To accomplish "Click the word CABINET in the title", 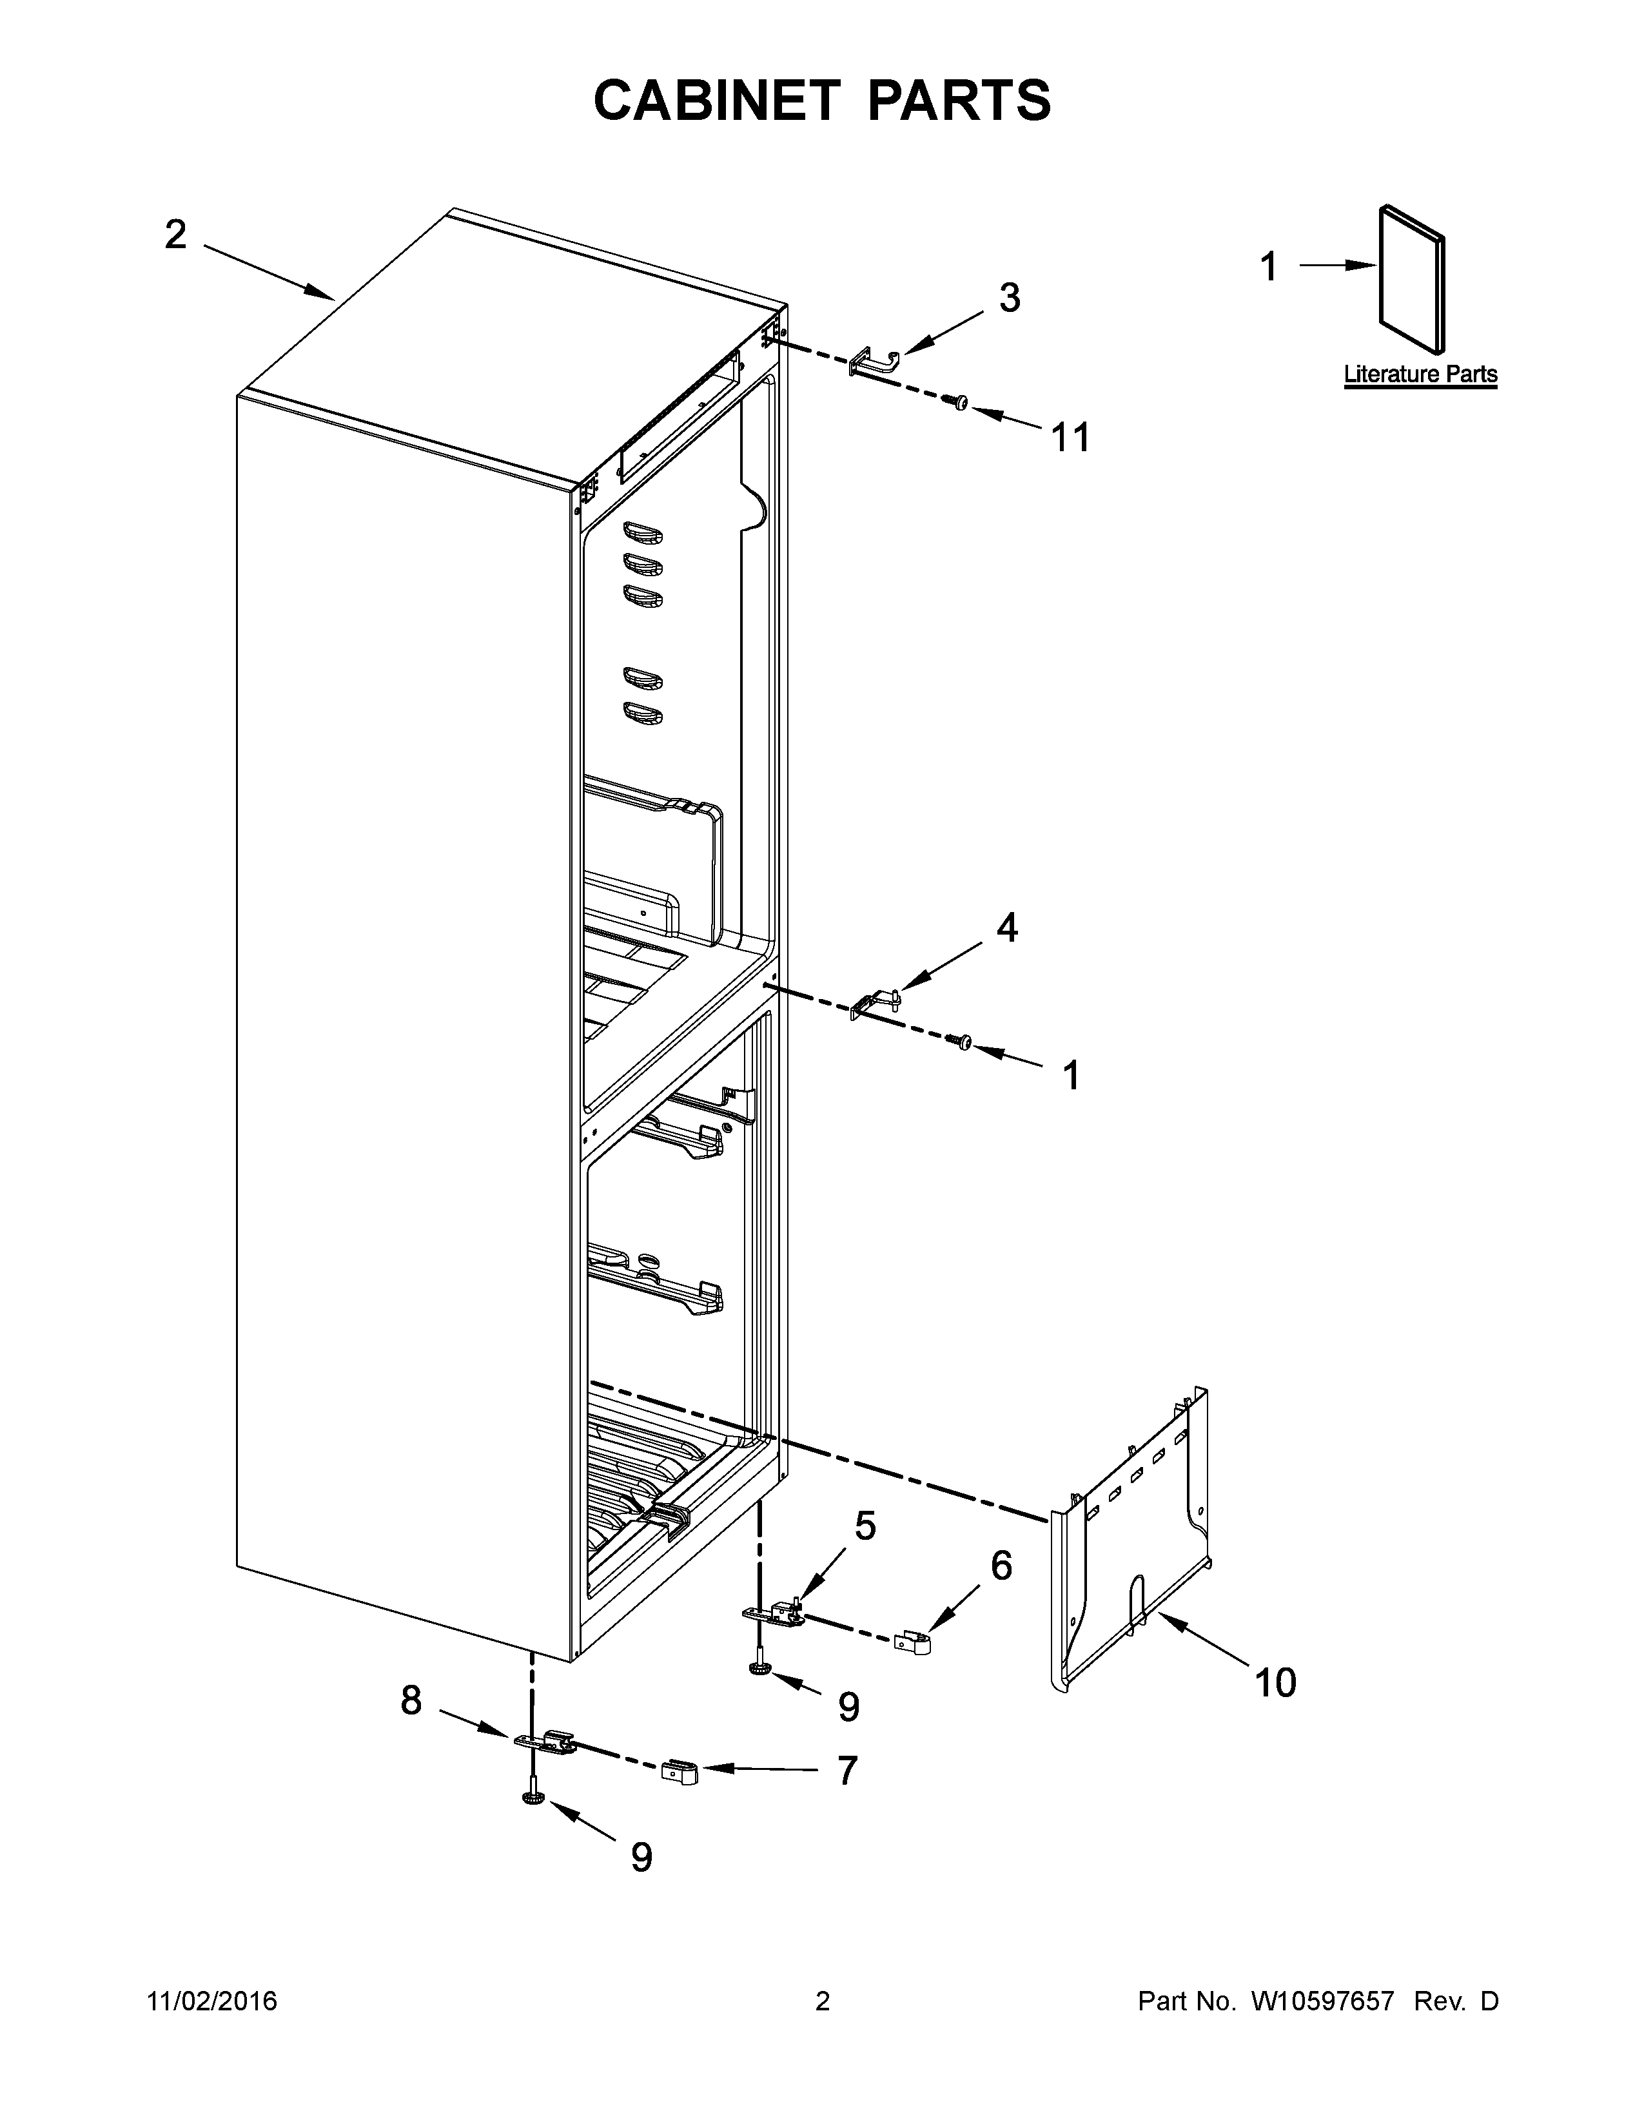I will pyautogui.click(x=716, y=101).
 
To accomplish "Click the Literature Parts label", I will pyautogui.click(x=1420, y=374).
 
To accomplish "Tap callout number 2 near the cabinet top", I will pyautogui.click(x=175, y=235).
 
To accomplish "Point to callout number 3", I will pyautogui.click(x=1009, y=298).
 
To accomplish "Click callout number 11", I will pyautogui.click(x=1070, y=438).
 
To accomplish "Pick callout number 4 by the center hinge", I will pyautogui.click(x=1007, y=928).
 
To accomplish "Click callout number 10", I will pyautogui.click(x=1275, y=1682).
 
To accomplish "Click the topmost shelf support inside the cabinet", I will pyautogui.click(x=643, y=532).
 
